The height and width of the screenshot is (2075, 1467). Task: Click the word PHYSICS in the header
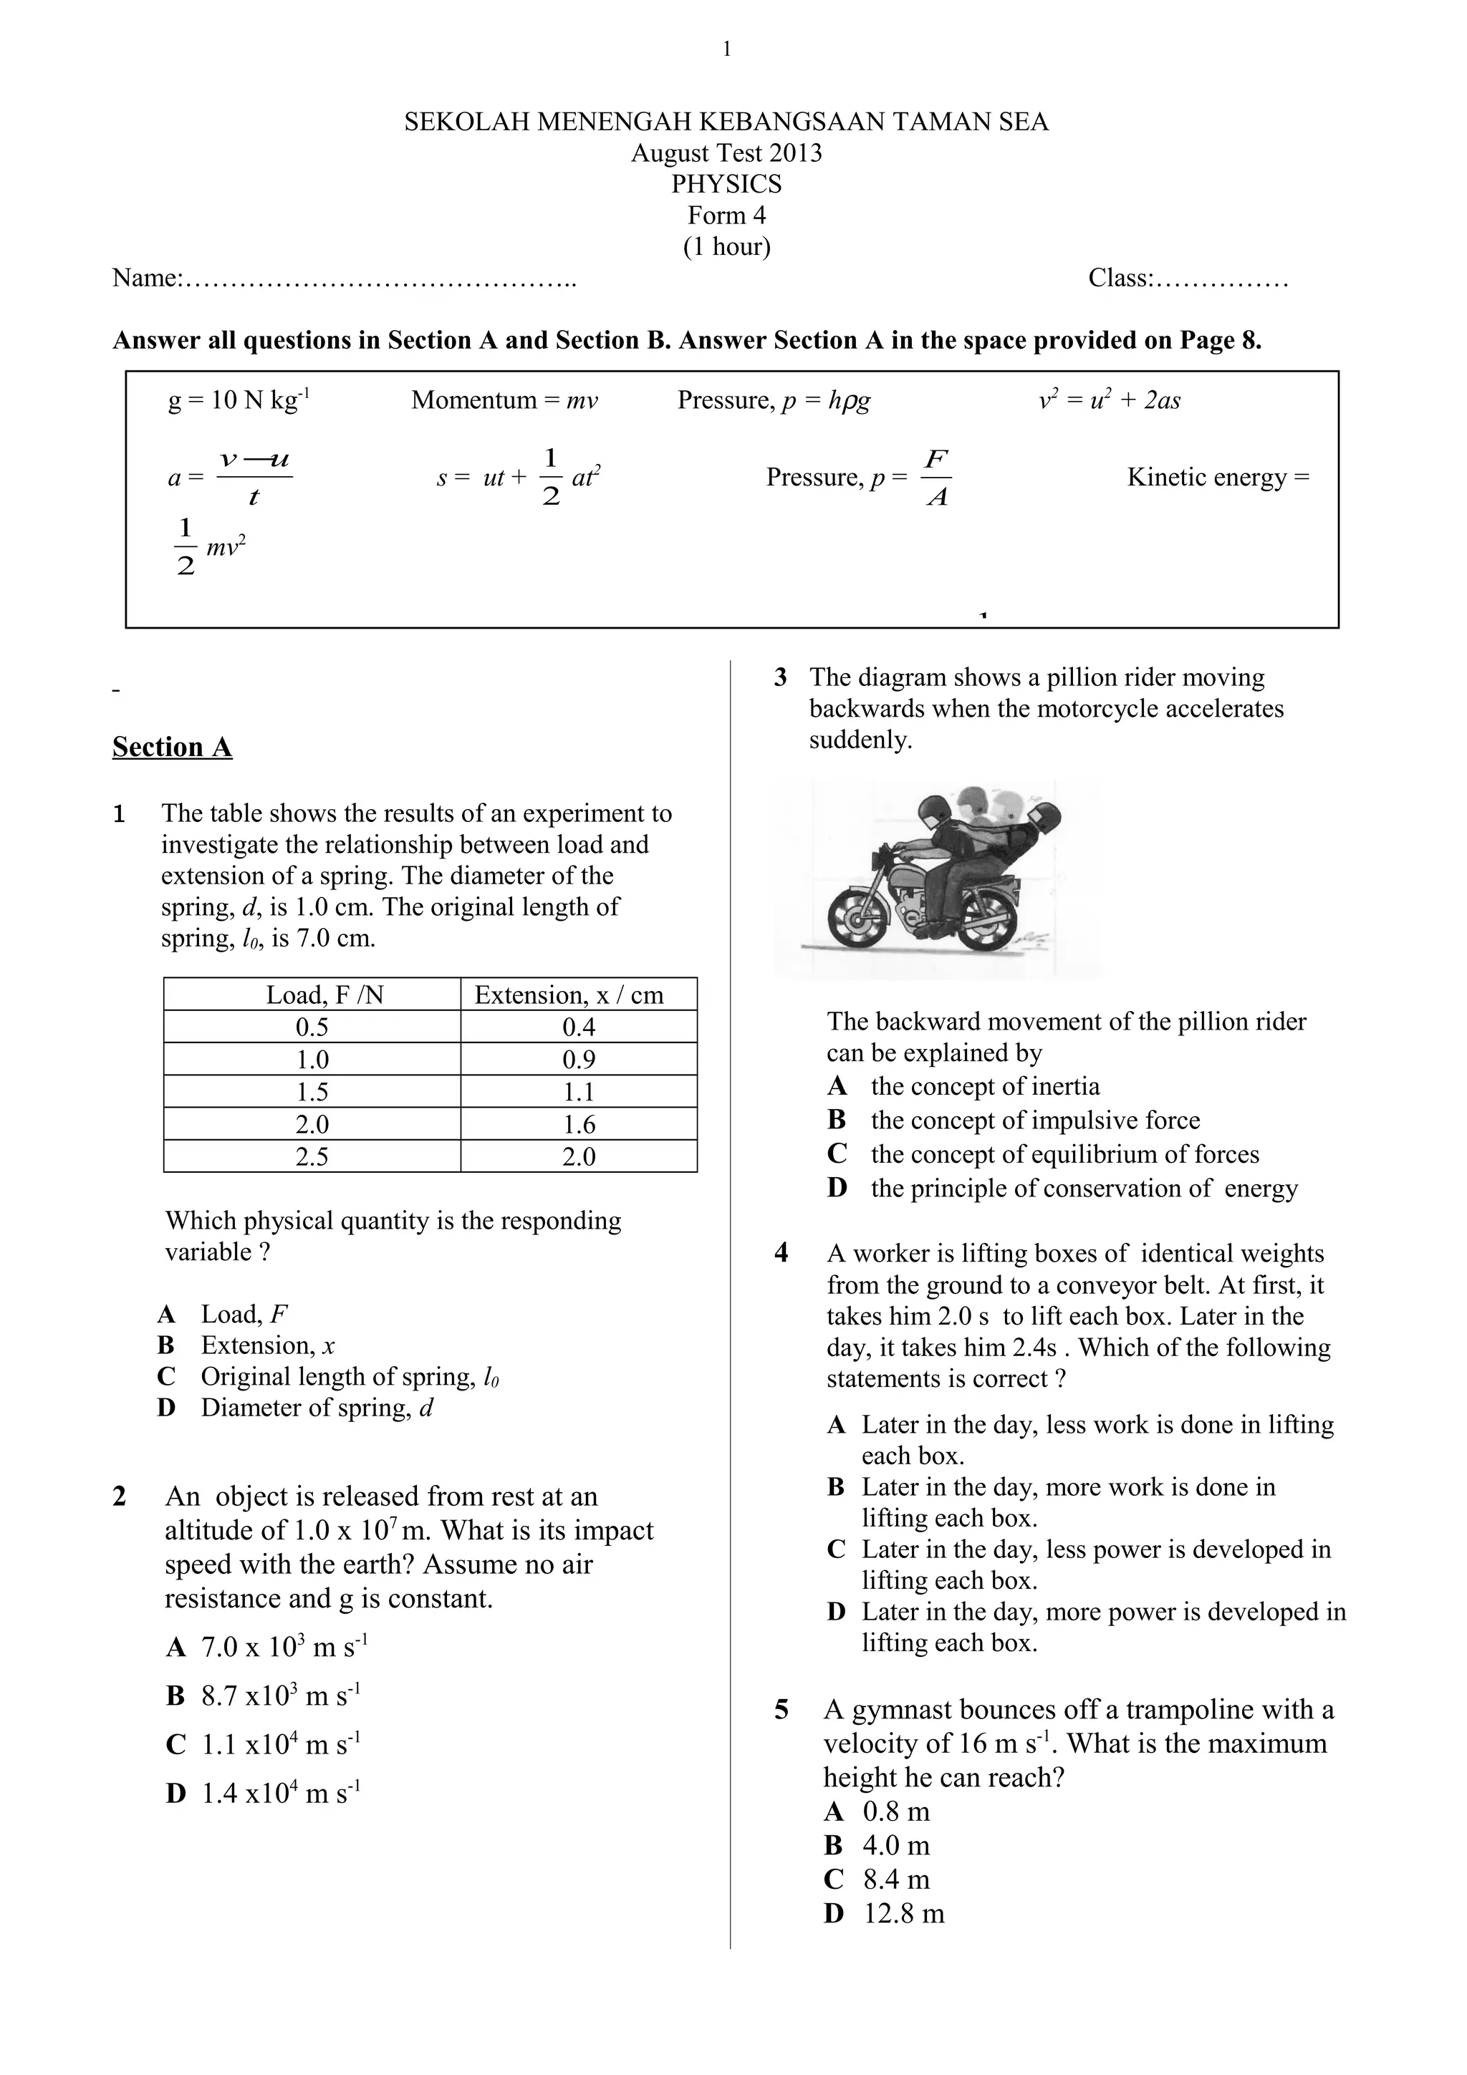coord(726,184)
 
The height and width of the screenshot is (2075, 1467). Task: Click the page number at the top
coord(727,49)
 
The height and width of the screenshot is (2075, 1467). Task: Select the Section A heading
coord(172,748)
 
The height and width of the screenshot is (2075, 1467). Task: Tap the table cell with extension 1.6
coord(579,1124)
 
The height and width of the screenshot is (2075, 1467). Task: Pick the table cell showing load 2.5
coord(312,1157)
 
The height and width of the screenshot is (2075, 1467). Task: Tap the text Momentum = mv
coord(504,400)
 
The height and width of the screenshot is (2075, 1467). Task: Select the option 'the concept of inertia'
coord(984,1086)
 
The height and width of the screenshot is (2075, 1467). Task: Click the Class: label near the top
coord(1121,279)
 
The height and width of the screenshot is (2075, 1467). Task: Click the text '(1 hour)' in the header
coord(726,247)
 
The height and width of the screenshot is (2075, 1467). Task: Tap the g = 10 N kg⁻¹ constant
coord(239,400)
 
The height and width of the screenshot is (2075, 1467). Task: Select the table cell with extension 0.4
coord(579,1027)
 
